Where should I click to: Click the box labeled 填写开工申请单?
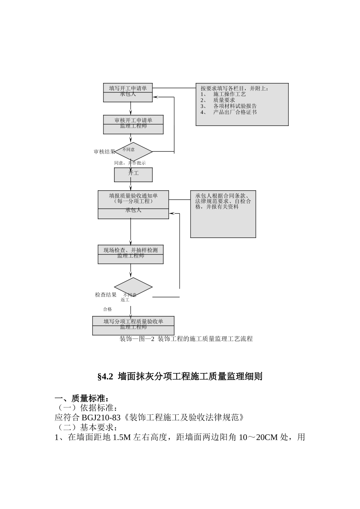pyautogui.click(x=128, y=92)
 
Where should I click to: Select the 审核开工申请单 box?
pyautogui.click(x=133, y=124)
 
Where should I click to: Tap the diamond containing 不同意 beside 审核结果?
pyautogui.click(x=133, y=151)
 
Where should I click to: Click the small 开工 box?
pyautogui.click(x=133, y=175)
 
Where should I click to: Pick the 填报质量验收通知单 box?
pyautogui.click(x=133, y=205)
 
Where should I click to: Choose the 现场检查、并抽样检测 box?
pyautogui.click(x=131, y=254)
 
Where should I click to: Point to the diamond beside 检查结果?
pyautogui.click(x=133, y=287)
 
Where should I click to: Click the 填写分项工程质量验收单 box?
pyautogui.click(x=133, y=325)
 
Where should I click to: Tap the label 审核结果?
pyautogui.click(x=105, y=151)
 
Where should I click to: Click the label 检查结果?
pyautogui.click(x=106, y=295)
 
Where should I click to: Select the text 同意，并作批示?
pyautogui.click(x=130, y=163)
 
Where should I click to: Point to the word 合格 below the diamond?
pyautogui.click(x=108, y=309)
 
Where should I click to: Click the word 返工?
pyautogui.click(x=125, y=300)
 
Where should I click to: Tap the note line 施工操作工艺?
pyautogui.click(x=229, y=94)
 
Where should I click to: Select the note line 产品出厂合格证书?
pyautogui.click(x=235, y=112)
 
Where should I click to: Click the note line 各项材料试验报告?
pyautogui.click(x=235, y=106)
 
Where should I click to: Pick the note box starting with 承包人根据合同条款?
pyautogui.click(x=223, y=214)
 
